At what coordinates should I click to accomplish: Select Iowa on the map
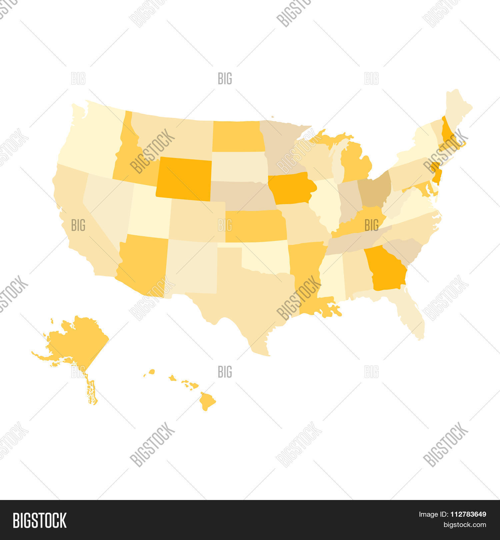pyautogui.click(x=291, y=188)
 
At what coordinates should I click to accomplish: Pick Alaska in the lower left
pyautogui.click(x=77, y=340)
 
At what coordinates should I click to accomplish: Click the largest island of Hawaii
pyautogui.click(x=207, y=401)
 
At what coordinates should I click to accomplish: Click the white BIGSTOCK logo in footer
pyautogui.click(x=40, y=520)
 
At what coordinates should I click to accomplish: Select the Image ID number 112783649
pyautogui.click(x=468, y=514)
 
